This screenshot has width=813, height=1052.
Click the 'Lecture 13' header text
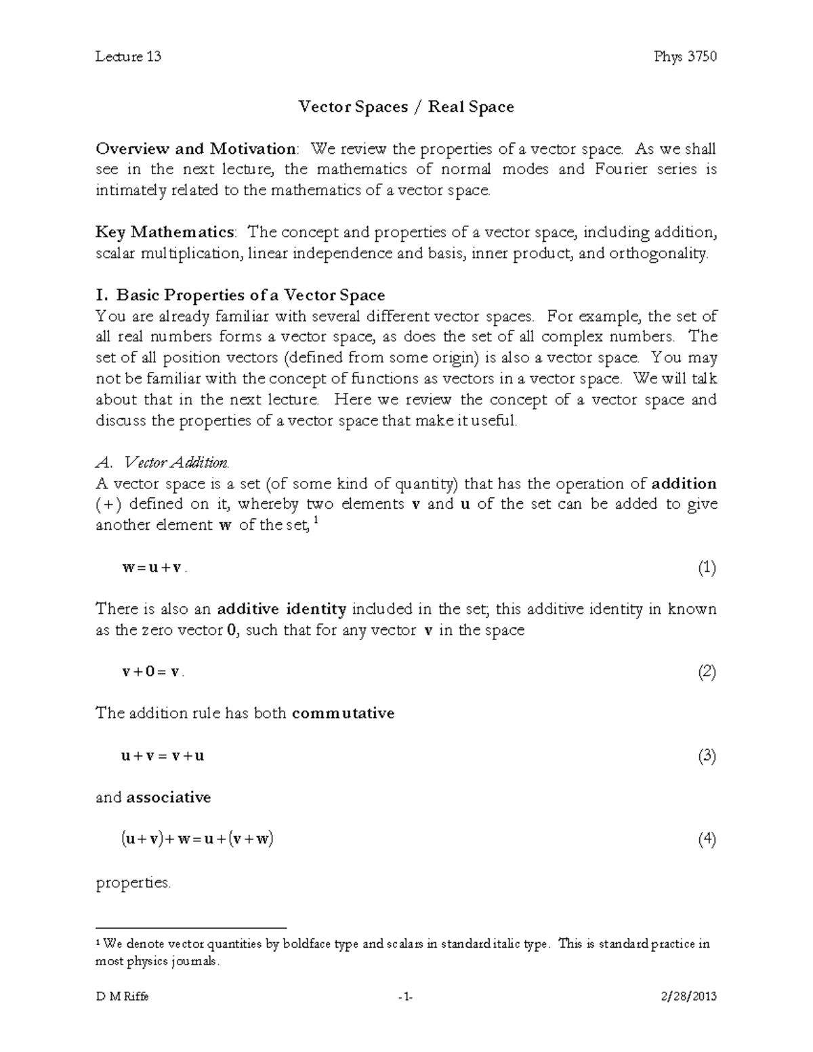point(128,56)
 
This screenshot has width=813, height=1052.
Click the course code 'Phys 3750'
point(685,56)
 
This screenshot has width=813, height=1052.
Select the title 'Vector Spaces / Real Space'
point(406,107)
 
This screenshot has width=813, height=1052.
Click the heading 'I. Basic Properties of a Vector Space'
point(241,295)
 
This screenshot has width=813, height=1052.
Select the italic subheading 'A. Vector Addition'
point(163,463)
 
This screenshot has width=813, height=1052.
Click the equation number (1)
point(707,568)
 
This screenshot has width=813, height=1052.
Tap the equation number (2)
point(707,672)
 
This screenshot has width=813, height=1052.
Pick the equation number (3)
point(707,756)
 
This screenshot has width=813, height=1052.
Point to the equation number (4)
point(707,840)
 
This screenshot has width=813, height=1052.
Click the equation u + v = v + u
point(163,757)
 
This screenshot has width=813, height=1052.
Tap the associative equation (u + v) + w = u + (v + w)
point(197,840)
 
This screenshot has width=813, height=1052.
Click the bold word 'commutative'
point(343,713)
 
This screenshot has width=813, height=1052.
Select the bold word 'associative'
point(169,797)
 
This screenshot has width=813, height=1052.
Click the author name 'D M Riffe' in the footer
point(123,996)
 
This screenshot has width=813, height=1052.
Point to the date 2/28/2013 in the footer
point(687,996)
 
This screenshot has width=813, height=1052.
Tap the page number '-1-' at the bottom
point(406,996)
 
